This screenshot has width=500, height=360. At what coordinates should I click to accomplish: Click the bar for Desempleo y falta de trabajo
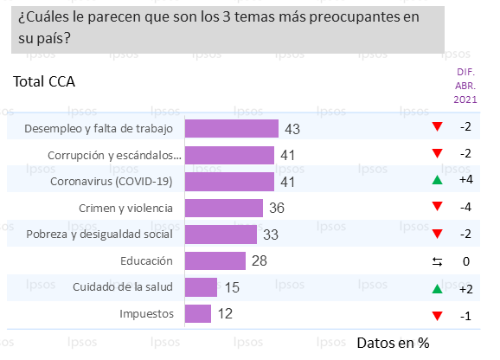(x=232, y=129)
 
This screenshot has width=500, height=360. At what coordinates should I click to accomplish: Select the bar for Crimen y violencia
(x=224, y=208)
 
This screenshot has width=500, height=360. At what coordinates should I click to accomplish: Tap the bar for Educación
(x=215, y=260)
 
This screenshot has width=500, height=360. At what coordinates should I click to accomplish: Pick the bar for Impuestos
(x=198, y=313)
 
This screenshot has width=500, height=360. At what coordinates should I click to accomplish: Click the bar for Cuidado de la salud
(x=201, y=287)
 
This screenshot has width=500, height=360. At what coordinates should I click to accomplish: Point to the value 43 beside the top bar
(x=292, y=129)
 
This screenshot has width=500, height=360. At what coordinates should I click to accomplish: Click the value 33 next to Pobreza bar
(x=271, y=235)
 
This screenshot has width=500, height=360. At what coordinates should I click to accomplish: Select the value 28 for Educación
(x=260, y=260)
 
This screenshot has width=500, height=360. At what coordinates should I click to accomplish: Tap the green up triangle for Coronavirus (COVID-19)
(x=438, y=181)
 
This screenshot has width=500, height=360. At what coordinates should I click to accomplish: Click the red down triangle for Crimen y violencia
(x=438, y=208)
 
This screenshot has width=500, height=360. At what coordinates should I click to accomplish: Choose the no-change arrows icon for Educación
(x=438, y=260)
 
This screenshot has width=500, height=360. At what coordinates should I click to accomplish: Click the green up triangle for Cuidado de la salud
(x=438, y=287)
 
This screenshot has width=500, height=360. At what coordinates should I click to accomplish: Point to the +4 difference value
(x=465, y=181)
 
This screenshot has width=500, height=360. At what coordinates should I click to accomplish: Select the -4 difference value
(x=465, y=208)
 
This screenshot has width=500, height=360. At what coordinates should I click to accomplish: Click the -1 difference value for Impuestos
(x=465, y=315)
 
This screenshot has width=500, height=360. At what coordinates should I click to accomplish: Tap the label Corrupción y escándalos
(x=113, y=156)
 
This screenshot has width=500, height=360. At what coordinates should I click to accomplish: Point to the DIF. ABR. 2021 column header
(x=465, y=87)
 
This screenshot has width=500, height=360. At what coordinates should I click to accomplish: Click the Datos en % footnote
(x=394, y=342)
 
